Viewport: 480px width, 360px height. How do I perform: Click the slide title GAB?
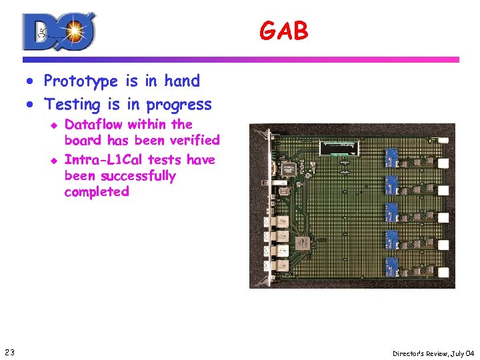pyautogui.click(x=284, y=31)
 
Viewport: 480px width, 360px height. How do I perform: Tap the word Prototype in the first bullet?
pyautogui.click(x=81, y=81)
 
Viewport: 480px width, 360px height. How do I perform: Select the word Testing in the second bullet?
pyautogui.click(x=71, y=105)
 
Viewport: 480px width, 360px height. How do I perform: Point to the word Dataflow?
pyautogui.click(x=94, y=125)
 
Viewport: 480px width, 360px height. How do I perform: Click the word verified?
pyautogui.click(x=195, y=140)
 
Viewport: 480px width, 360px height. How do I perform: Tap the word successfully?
pyautogui.click(x=138, y=176)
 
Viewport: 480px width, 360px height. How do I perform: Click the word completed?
pyautogui.click(x=97, y=192)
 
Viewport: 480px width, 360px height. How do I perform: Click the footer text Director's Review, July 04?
pyautogui.click(x=432, y=353)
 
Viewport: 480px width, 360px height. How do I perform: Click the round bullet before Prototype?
pyautogui.click(x=31, y=82)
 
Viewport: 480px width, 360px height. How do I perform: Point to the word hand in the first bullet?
pyautogui.click(x=182, y=81)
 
